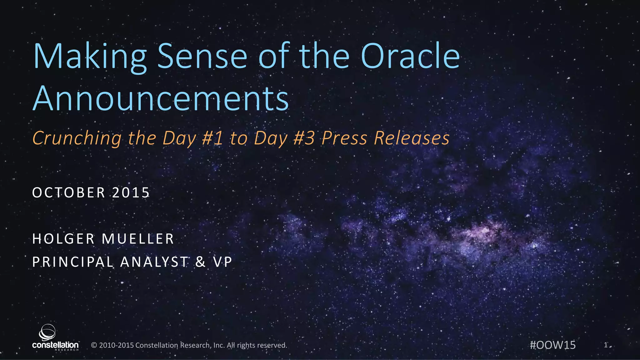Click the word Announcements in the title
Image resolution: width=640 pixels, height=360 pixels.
[161, 98]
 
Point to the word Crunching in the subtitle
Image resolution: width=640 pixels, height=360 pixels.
[77, 138]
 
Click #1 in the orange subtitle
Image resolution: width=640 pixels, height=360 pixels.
[212, 138]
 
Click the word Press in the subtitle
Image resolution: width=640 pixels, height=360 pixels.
[344, 138]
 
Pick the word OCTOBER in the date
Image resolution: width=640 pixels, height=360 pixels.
[69, 192]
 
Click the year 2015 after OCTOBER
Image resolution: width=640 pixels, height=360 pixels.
[131, 192]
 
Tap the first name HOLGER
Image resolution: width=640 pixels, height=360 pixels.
[63, 239]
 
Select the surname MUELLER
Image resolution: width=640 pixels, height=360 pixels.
[138, 239]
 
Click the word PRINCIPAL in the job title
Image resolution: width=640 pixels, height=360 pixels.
[73, 262]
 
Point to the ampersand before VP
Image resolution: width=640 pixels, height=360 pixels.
[201, 262]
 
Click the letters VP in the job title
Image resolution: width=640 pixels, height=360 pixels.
[223, 262]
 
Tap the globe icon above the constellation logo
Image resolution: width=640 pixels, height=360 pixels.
[47, 332]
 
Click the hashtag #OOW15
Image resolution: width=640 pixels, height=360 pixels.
[552, 345]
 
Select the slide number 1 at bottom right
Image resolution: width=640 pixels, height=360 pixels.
[606, 345]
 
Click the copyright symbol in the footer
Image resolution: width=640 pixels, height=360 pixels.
[94, 345]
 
